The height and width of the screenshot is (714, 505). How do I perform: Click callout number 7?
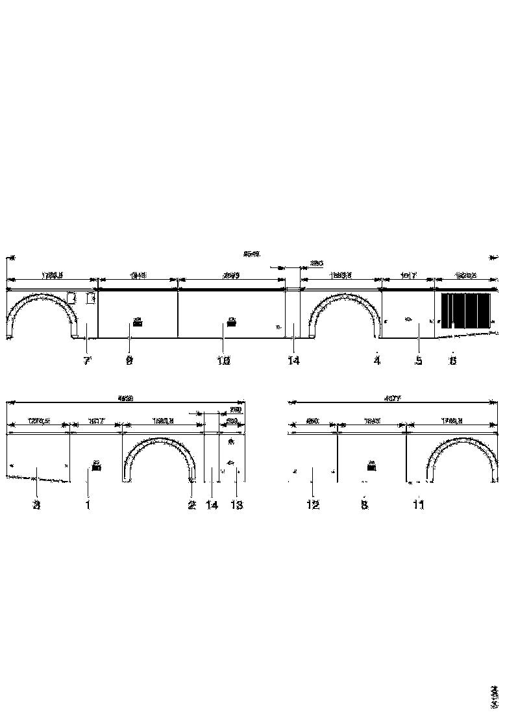coord(86,361)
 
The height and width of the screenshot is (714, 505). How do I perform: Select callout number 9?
coord(129,361)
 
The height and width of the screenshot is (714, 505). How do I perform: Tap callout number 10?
coord(223,361)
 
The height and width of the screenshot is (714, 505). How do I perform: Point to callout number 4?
coord(376,361)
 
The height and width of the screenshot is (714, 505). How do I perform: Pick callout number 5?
coord(419,361)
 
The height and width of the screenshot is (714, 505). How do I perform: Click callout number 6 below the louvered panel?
coord(453,361)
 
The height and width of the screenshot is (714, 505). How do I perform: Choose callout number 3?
coord(37,505)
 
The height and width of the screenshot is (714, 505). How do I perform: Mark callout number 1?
coord(88,505)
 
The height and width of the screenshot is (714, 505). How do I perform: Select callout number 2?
coord(191,505)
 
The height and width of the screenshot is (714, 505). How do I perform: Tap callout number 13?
coord(237,505)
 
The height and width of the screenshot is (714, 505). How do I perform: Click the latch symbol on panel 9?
coord(138,320)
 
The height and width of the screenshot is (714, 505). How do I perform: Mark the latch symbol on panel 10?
coord(231,320)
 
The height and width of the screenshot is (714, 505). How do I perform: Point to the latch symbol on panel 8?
coord(371,465)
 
